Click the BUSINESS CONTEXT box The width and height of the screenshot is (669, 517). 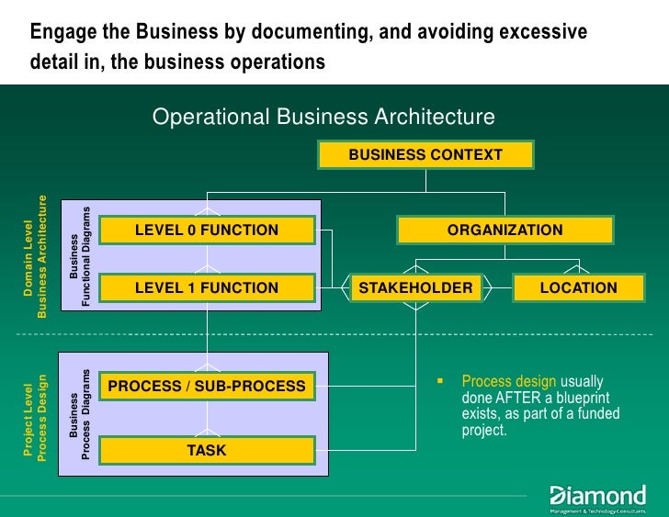click(x=425, y=155)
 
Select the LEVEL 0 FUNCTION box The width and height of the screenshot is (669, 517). click(x=207, y=230)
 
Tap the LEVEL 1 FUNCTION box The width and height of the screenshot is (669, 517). click(x=207, y=288)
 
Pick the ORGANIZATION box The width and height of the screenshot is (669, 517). click(x=505, y=230)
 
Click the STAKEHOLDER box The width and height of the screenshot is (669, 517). click(x=415, y=288)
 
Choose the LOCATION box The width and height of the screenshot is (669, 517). click(x=578, y=288)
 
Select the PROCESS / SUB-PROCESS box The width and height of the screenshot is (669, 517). click(x=207, y=387)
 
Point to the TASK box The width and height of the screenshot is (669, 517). click(x=207, y=451)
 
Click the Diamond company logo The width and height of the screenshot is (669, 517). click(x=597, y=497)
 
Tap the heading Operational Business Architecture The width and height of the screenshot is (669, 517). click(x=323, y=118)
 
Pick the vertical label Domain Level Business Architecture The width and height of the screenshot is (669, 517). click(x=35, y=258)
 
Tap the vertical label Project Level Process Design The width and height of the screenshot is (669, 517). click(x=35, y=416)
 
